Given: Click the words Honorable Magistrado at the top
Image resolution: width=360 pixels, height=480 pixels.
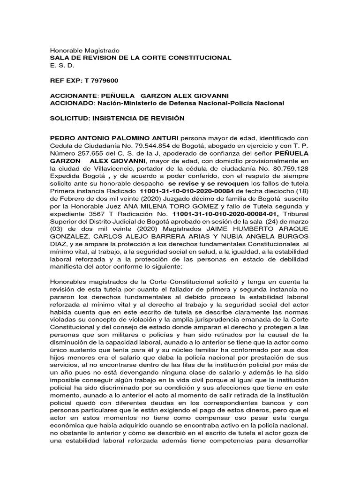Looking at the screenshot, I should click(x=85, y=50).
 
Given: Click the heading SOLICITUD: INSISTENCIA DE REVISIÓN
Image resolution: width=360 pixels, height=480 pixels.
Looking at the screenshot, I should click(x=117, y=119).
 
